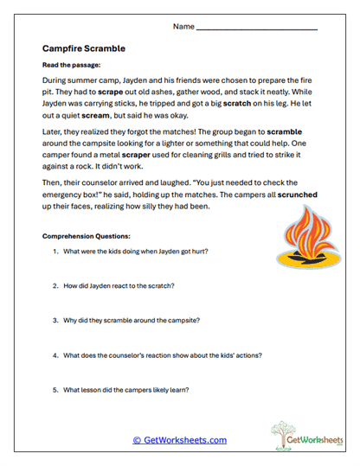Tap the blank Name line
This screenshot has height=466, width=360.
pyautogui.click(x=257, y=29)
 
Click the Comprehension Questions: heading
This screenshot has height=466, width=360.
pyautogui.click(x=87, y=236)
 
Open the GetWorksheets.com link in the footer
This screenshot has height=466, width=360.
pyautogui.click(x=180, y=440)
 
